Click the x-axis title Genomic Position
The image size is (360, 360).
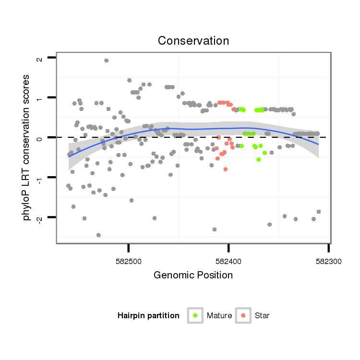click(193, 275)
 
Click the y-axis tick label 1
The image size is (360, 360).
click(39, 98)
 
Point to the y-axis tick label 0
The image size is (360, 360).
click(39, 138)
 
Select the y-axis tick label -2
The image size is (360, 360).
click(39, 217)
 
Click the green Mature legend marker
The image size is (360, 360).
click(195, 315)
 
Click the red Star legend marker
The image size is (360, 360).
click(243, 315)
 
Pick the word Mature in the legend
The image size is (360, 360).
click(219, 315)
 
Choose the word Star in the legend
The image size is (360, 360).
click(263, 315)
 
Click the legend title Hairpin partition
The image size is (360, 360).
click(148, 315)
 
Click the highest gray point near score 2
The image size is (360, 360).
click(106, 60)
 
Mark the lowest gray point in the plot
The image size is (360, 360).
click(98, 235)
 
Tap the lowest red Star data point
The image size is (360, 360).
click(225, 169)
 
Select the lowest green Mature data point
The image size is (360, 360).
click(259, 159)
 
